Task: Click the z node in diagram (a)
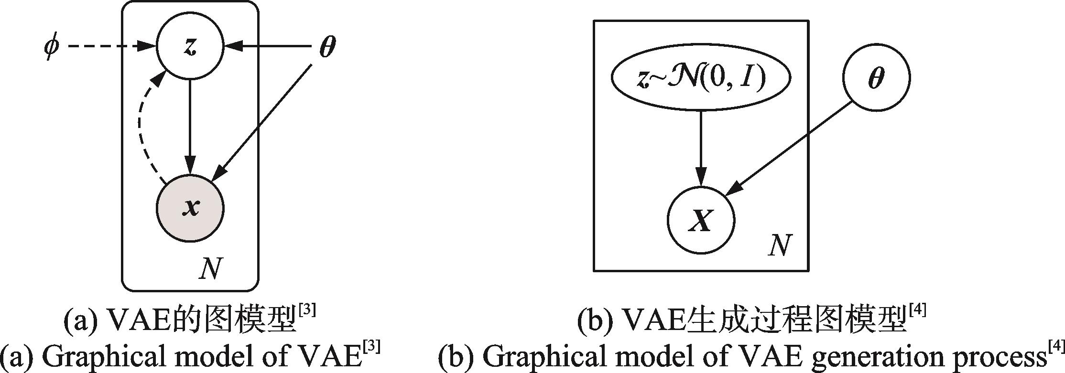tap(190, 47)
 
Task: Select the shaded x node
tap(190, 208)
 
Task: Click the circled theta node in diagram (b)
tap(876, 78)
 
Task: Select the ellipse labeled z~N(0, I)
tap(701, 78)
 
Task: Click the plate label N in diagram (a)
tap(211, 270)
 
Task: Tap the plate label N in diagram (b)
tap(779, 246)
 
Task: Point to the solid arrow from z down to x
tap(190, 127)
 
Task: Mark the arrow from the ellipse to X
tap(701, 148)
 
